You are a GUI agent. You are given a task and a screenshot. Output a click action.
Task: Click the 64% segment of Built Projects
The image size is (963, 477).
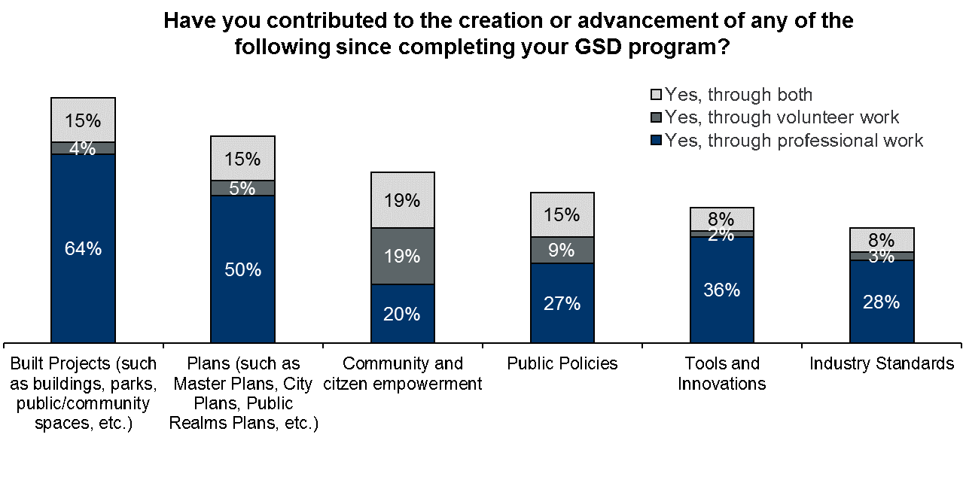tap(83, 248)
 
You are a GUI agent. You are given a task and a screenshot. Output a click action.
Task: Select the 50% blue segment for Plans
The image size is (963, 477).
tap(242, 269)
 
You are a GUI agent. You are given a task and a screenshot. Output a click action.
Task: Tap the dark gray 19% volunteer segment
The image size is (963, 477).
tap(402, 256)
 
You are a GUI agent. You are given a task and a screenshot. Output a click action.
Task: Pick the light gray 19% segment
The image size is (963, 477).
tap(402, 200)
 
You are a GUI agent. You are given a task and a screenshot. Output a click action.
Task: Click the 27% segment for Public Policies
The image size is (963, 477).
tap(562, 303)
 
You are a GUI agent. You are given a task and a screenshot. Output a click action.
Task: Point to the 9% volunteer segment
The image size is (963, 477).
tap(562, 250)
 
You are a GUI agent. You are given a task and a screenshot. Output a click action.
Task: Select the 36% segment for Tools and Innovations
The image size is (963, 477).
tap(721, 290)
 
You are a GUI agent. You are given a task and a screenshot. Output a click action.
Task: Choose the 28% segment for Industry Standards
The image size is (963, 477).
tap(881, 302)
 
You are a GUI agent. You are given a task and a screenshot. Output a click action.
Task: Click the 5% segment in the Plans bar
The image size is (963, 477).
tap(242, 188)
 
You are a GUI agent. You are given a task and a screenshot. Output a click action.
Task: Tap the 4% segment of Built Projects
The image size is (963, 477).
tap(83, 148)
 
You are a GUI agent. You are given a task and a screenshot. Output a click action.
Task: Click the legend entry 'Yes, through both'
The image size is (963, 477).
tap(738, 95)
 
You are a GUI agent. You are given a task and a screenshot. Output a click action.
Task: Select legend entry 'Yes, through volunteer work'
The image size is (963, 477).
tap(782, 117)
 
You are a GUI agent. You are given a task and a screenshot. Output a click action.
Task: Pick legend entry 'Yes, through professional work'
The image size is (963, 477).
tap(794, 141)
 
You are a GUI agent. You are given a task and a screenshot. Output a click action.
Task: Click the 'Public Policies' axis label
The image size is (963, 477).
tap(562, 364)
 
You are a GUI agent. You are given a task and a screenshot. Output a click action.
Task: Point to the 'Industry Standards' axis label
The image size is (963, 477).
tap(881, 364)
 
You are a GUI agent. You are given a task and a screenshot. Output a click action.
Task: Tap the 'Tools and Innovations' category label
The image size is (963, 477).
tap(721, 374)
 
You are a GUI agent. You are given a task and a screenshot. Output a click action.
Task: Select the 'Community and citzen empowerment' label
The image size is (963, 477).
tap(402, 374)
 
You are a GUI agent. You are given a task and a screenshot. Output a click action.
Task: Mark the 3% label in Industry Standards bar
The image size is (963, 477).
tap(881, 257)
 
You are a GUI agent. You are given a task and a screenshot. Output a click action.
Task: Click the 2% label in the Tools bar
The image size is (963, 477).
tap(721, 234)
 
